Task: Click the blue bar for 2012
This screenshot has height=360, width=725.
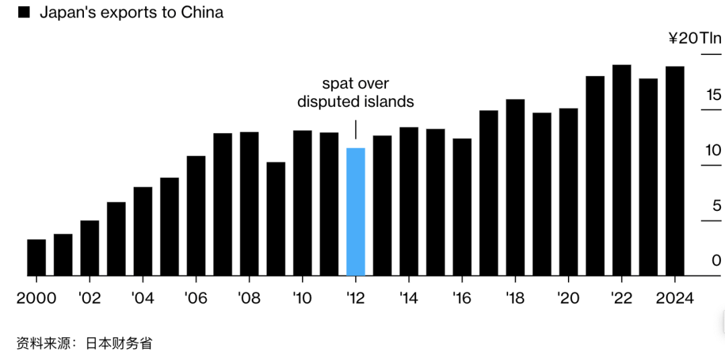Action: (355, 212)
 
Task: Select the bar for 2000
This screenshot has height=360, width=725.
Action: (36, 257)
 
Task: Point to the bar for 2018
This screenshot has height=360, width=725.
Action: (515, 187)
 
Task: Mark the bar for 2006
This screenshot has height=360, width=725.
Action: (196, 216)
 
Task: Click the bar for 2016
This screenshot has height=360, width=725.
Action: (462, 207)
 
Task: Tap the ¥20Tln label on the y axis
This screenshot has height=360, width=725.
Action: (694, 38)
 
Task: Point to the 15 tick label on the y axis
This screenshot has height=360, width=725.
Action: (712, 95)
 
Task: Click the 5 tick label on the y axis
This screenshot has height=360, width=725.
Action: (716, 206)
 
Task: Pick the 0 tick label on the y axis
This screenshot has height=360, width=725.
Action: (716, 260)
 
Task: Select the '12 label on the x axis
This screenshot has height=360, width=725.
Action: (355, 298)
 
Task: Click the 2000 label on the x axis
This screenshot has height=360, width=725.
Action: (36, 298)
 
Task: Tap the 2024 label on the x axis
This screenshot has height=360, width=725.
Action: (675, 298)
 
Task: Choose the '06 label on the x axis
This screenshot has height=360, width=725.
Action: (196, 298)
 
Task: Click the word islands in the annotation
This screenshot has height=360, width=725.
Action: (387, 102)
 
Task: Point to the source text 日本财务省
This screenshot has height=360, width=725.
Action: (119, 343)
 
